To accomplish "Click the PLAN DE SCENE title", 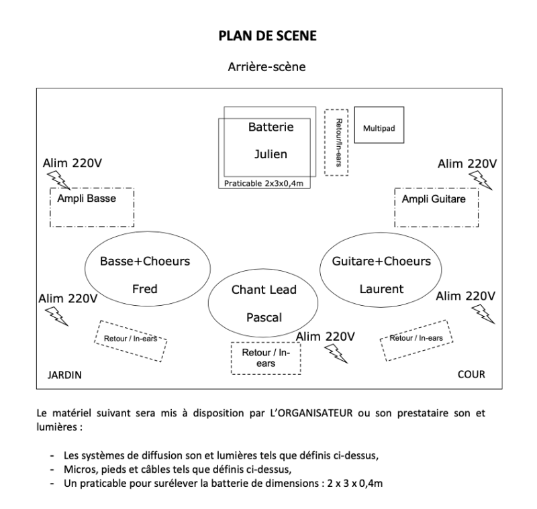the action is pyautogui.click(x=267, y=36).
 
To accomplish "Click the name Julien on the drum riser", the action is pyautogui.click(x=271, y=154).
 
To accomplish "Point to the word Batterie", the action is pyautogui.click(x=271, y=127).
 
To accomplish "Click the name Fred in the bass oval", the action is pyautogui.click(x=145, y=289).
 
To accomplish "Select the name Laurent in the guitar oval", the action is pyautogui.click(x=381, y=289).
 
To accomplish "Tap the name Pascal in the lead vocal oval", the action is pyautogui.click(x=264, y=318).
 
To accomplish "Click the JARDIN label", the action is pyautogui.click(x=64, y=376).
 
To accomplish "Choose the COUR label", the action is pyautogui.click(x=472, y=375).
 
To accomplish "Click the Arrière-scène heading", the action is pyautogui.click(x=266, y=66).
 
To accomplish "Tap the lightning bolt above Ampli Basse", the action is pyautogui.click(x=58, y=180).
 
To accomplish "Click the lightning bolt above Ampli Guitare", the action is pyautogui.click(x=481, y=180).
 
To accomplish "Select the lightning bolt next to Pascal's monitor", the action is pyautogui.click(x=336, y=353).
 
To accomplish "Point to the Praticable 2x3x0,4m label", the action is pyautogui.click(x=264, y=184).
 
